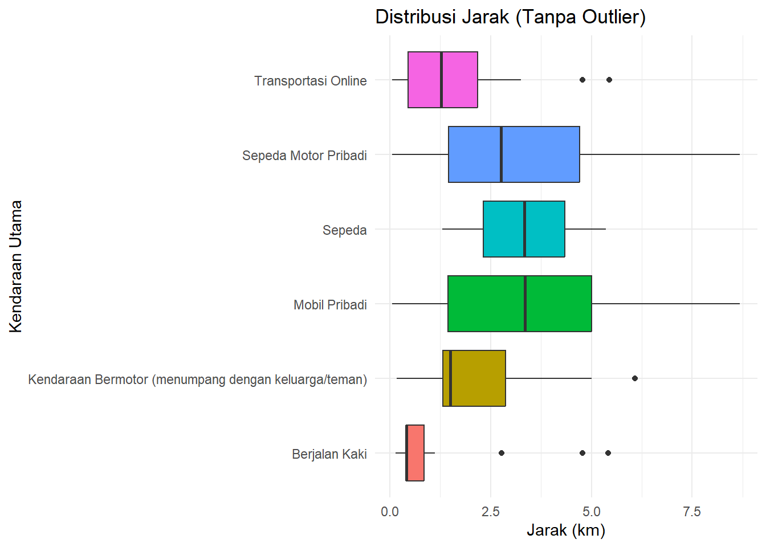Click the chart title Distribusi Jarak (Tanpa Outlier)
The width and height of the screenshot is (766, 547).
510,17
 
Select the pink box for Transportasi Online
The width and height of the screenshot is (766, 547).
442,80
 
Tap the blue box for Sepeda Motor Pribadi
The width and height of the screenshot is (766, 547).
514,154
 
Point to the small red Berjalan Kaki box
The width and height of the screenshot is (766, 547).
415,453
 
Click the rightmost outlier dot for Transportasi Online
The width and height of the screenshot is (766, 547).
609,80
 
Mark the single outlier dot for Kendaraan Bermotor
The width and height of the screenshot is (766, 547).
634,378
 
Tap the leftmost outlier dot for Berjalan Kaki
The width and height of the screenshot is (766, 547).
501,453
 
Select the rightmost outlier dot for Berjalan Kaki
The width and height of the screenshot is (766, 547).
608,453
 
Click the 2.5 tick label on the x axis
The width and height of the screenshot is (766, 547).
490,512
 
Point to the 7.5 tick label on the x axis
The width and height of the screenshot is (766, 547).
691,512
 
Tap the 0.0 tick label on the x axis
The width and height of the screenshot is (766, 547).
390,512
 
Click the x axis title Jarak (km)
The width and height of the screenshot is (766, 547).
565,530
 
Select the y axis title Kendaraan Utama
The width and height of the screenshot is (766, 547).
16,266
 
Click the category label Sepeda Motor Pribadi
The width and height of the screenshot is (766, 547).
304,156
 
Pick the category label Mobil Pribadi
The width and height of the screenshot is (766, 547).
330,305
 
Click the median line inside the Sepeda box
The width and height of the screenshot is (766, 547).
524,229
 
